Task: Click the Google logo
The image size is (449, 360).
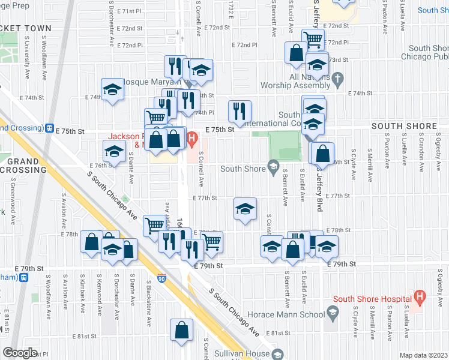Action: pyautogui.click(x=20, y=353)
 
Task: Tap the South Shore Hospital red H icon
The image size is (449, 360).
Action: pyautogui.click(x=420, y=296)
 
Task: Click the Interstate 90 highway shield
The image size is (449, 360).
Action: pyautogui.click(x=162, y=278)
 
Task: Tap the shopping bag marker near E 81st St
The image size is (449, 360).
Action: pyautogui.click(x=181, y=330)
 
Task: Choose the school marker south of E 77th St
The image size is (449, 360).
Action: pyautogui.click(x=245, y=209)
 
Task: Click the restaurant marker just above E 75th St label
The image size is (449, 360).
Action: pyautogui.click(x=239, y=111)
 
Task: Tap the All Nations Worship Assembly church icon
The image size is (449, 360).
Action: pyautogui.click(x=337, y=78)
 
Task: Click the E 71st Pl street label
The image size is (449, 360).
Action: pyautogui.click(x=129, y=11)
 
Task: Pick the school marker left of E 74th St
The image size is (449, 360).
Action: pyautogui.click(x=112, y=89)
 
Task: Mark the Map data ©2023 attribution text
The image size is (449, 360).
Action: pyautogui.click(x=423, y=355)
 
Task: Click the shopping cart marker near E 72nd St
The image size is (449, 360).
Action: pyautogui.click(x=313, y=41)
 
